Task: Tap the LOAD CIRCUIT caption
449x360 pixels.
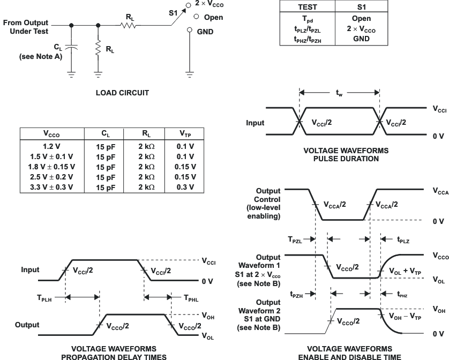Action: [122, 93]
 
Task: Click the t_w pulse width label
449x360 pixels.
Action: [339, 93]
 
